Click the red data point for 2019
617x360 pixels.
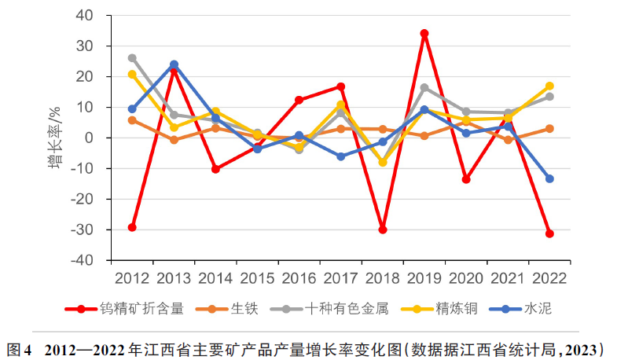click(424, 34)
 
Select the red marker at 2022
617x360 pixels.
click(549, 233)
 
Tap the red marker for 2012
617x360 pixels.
click(132, 227)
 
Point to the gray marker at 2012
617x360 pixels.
click(132, 58)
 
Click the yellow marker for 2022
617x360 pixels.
click(549, 86)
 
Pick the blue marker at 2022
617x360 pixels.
click(549, 178)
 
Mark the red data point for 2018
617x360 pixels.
click(383, 230)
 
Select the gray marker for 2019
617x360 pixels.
click(424, 87)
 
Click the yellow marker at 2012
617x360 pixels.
click(132, 75)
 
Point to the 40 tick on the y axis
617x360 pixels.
click(94, 16)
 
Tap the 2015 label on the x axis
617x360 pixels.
click(257, 277)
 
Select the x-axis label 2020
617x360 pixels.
click(466, 277)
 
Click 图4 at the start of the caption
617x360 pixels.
click(18, 347)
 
